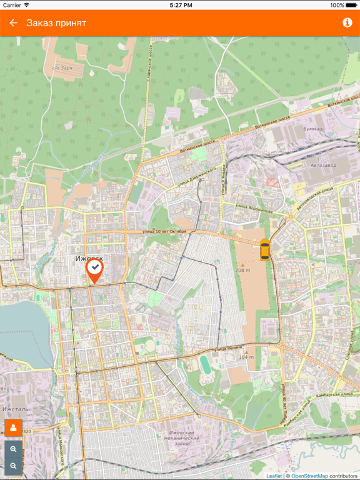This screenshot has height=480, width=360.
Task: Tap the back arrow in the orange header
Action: pos(13,23)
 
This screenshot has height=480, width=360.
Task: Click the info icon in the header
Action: pos(347,23)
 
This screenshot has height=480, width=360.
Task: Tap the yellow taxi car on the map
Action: pos(265,249)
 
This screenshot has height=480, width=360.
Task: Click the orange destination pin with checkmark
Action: pos(94,271)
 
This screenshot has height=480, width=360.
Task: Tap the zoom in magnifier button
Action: pos(13,449)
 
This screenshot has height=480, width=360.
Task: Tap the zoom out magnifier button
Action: pos(13,466)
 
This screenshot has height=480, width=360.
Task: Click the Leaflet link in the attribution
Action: pos(274,476)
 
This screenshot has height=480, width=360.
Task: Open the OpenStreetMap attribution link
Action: pos(310,476)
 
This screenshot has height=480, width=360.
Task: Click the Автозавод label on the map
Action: pos(324,166)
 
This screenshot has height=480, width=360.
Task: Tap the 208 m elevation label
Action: pos(242,271)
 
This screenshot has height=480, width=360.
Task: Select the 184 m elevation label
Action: pos(246,357)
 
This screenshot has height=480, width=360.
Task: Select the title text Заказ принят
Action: pos(56,23)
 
